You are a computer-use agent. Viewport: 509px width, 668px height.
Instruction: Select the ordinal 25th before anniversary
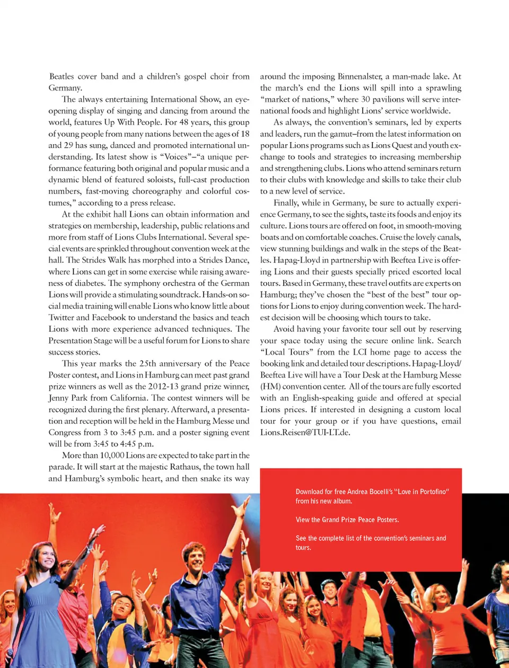click(x=148, y=364)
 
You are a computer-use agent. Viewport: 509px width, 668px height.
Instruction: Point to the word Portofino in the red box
click(x=430, y=492)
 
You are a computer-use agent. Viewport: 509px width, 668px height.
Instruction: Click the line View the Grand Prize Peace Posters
click(x=347, y=520)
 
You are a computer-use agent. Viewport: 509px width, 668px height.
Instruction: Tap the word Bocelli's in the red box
click(x=378, y=492)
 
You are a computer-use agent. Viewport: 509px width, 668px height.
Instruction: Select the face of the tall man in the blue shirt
click(x=195, y=558)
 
